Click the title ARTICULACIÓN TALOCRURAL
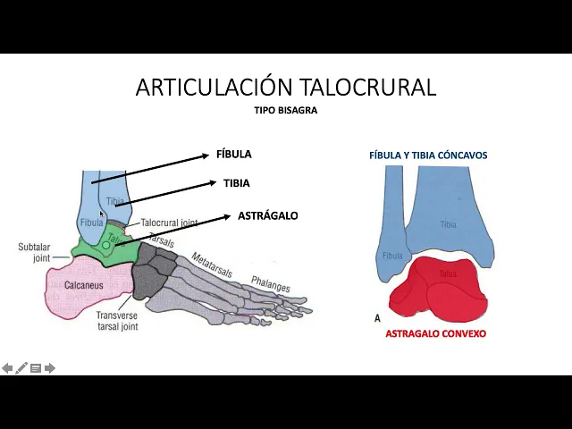coord(286,87)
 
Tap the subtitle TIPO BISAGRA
coord(286,111)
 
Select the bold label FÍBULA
coord(234,154)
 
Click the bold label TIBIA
coord(237,183)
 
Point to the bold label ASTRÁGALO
coord(268,215)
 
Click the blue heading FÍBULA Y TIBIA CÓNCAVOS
coord(428,156)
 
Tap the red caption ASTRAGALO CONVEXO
coord(435,333)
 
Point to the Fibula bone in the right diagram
coord(392,250)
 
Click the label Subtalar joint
coord(34,252)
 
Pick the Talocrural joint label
coord(169,223)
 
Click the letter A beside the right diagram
coord(377,318)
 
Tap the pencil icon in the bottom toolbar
coord(21,368)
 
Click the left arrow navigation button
coord(7,368)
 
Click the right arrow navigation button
coord(50,368)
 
